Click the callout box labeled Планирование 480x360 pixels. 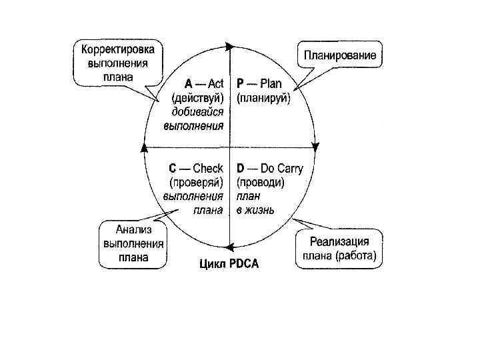[340, 54]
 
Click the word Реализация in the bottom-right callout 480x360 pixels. [340, 241]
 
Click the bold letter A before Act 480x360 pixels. [189, 84]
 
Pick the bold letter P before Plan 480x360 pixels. [241, 84]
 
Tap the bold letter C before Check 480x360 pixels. [172, 168]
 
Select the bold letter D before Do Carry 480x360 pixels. [241, 168]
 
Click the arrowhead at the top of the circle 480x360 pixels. [230, 47]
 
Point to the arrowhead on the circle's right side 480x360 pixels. [317, 147]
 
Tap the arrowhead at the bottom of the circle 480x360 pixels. [229, 245]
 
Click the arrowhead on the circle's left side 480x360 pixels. [143, 147]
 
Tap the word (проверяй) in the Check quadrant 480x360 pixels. [195, 182]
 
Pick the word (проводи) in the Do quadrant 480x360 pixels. [261, 182]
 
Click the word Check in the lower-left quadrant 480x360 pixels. [207, 168]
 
